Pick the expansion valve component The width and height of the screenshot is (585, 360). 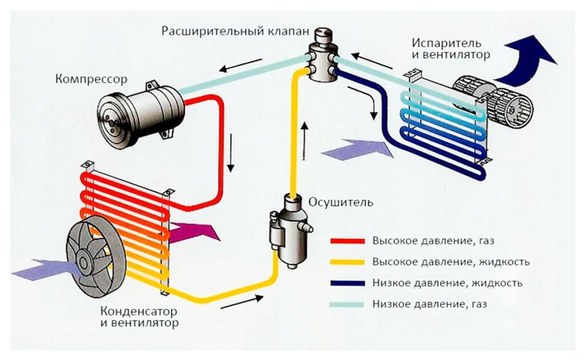pyautogui.click(x=322, y=56)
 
